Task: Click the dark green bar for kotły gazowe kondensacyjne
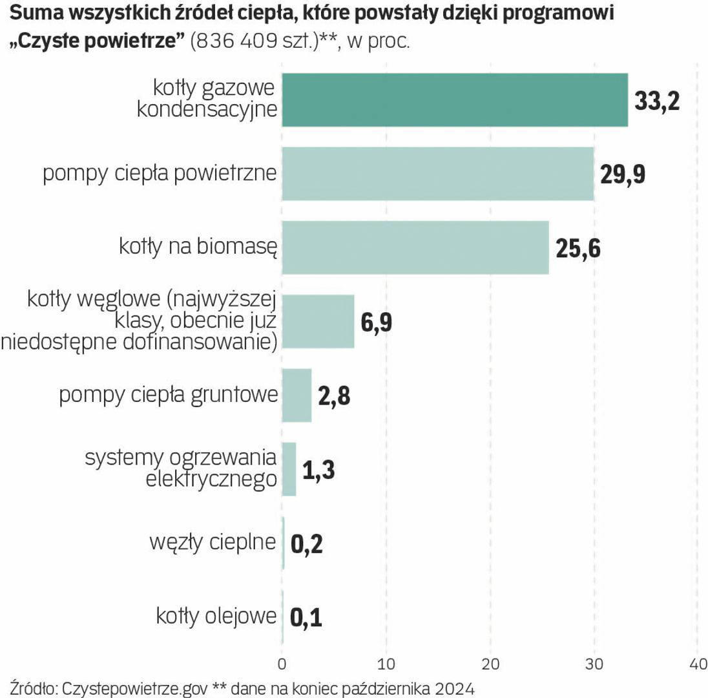455,100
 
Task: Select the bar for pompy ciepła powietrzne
438,174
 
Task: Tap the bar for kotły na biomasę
415,248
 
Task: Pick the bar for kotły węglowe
318,321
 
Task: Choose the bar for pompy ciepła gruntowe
297,395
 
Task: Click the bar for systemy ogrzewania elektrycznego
289,469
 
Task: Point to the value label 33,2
658,101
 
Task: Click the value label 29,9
623,175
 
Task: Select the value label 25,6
578,249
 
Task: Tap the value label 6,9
377,323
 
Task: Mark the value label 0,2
306,544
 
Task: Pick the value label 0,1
306,618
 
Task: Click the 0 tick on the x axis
282,664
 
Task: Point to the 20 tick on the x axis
490,664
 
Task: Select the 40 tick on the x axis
697,664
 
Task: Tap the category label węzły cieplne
213,543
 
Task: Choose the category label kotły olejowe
216,617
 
